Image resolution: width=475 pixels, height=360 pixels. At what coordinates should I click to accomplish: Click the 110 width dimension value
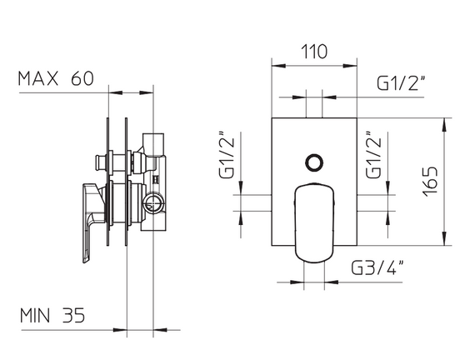(x=314, y=52)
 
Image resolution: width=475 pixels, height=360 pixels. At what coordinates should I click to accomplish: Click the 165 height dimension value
(x=431, y=181)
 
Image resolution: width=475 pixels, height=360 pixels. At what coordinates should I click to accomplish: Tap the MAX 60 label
(x=56, y=78)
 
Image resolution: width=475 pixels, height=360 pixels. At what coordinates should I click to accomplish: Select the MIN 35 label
(x=52, y=315)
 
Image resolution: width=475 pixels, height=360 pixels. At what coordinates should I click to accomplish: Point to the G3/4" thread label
(x=377, y=267)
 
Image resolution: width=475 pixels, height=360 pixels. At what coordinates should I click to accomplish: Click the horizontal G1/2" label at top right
(x=401, y=82)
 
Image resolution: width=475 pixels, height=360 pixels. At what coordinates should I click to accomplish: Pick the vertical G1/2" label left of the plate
(x=227, y=155)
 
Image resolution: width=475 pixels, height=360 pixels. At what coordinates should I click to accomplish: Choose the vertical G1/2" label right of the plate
(x=372, y=155)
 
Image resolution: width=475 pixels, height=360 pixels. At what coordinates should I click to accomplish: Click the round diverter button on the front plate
(x=314, y=162)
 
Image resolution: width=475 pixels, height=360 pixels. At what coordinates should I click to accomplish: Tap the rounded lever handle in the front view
(x=314, y=222)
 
